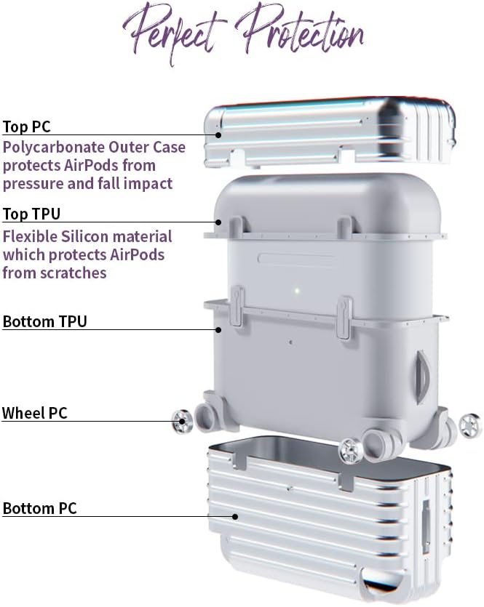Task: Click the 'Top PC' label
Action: click(27, 126)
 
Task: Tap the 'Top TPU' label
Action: click(31, 214)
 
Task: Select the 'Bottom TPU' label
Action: click(45, 321)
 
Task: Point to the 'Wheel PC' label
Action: click(35, 413)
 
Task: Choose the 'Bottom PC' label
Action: click(40, 508)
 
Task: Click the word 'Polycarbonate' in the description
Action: click(53, 148)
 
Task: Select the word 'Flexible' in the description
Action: click(29, 236)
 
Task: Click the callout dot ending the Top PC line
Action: click(218, 135)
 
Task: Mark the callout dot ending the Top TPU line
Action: click(218, 222)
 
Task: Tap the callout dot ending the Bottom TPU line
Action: click(218, 330)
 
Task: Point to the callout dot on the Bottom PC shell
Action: click(235, 516)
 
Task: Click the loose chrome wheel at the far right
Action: click(470, 425)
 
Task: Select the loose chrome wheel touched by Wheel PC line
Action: click(182, 421)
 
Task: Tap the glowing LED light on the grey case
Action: click(297, 290)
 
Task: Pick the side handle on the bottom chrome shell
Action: click(426, 526)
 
